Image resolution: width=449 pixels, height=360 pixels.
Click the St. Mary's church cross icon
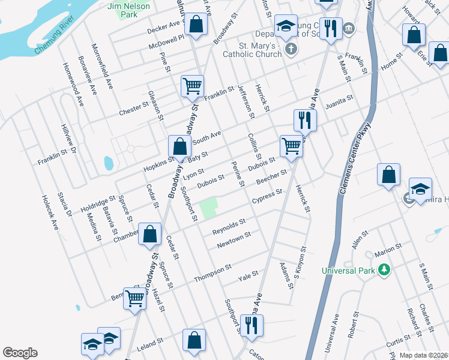click(x=291, y=49)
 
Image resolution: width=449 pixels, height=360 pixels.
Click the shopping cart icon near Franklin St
click(x=192, y=86)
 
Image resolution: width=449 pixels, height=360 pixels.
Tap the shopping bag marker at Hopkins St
click(x=179, y=146)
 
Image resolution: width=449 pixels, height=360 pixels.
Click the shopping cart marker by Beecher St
click(x=291, y=145)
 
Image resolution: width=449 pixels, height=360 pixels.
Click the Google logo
click(x=20, y=353)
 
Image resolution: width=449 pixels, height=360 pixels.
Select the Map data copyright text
click(x=424, y=355)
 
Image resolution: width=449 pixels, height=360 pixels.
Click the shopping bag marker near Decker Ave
click(x=196, y=25)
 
